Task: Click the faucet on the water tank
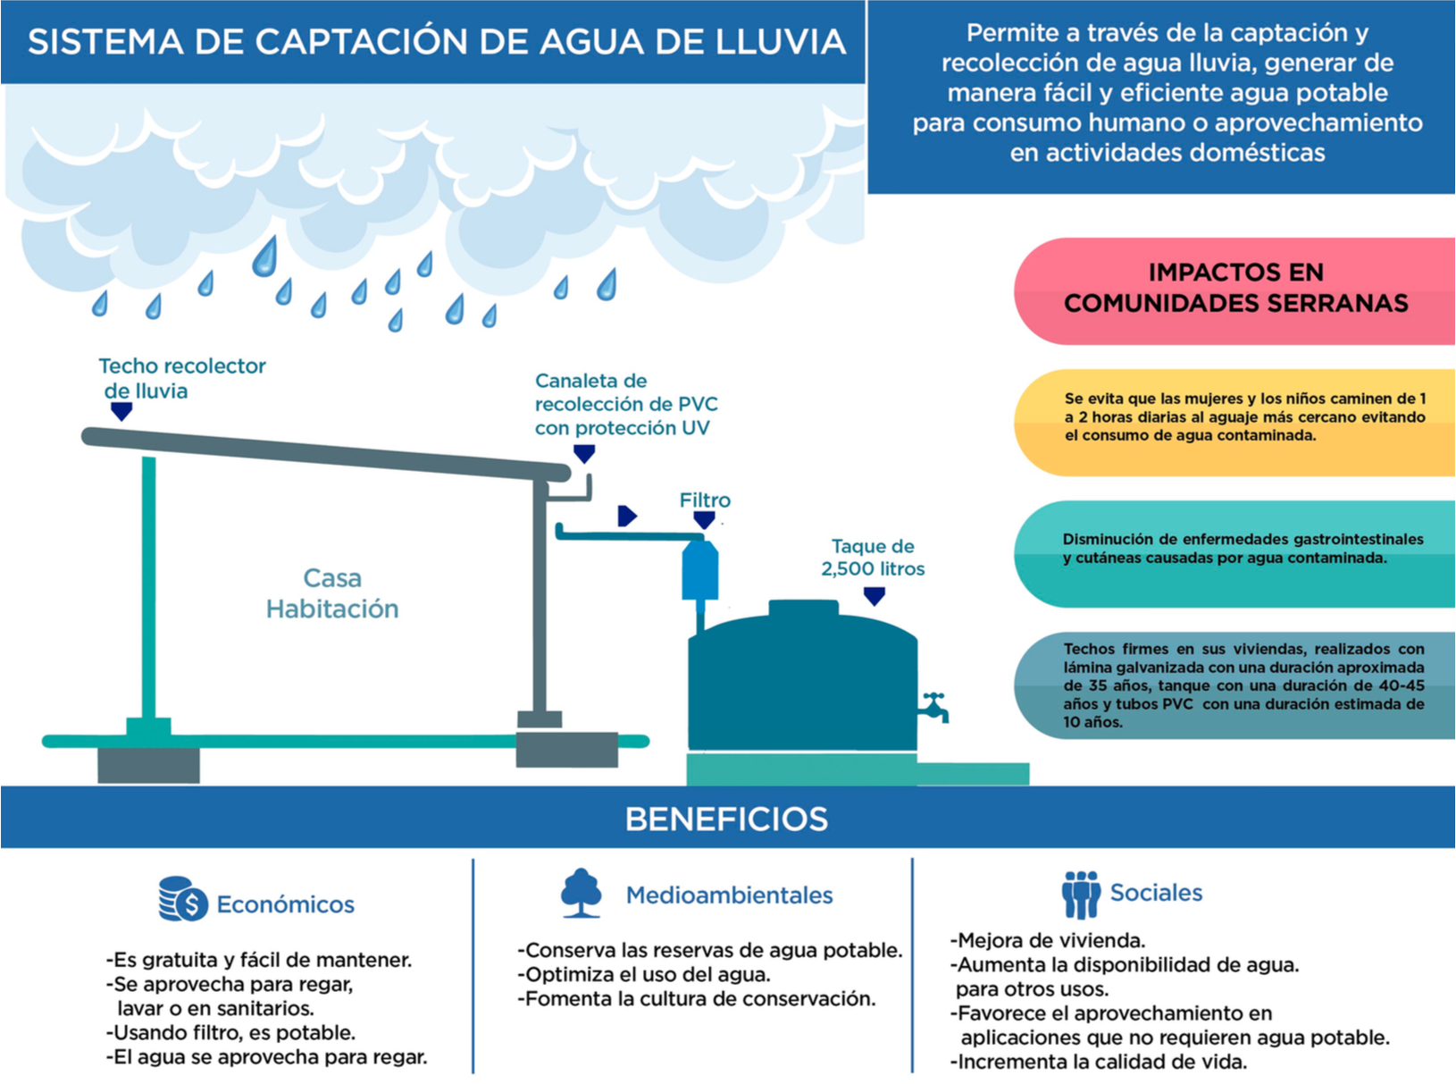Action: tap(934, 707)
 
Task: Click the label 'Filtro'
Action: tap(705, 500)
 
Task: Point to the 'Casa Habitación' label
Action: tap(332, 593)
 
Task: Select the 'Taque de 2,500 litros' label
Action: tap(873, 558)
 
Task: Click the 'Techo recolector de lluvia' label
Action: tap(182, 378)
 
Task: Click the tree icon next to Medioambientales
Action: tap(582, 893)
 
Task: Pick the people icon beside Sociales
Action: tap(1081, 894)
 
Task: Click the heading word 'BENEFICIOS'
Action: tap(726, 819)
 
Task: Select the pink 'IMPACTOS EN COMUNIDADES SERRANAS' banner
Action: tap(1235, 289)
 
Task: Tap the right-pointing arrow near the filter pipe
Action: tap(627, 516)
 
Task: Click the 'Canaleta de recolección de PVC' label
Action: tap(626, 404)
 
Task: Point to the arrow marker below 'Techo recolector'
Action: tap(121, 411)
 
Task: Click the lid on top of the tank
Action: tap(804, 609)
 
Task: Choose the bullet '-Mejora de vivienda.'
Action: tap(1047, 940)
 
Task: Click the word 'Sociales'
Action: tap(1156, 893)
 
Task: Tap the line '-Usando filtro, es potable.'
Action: tap(230, 1032)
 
